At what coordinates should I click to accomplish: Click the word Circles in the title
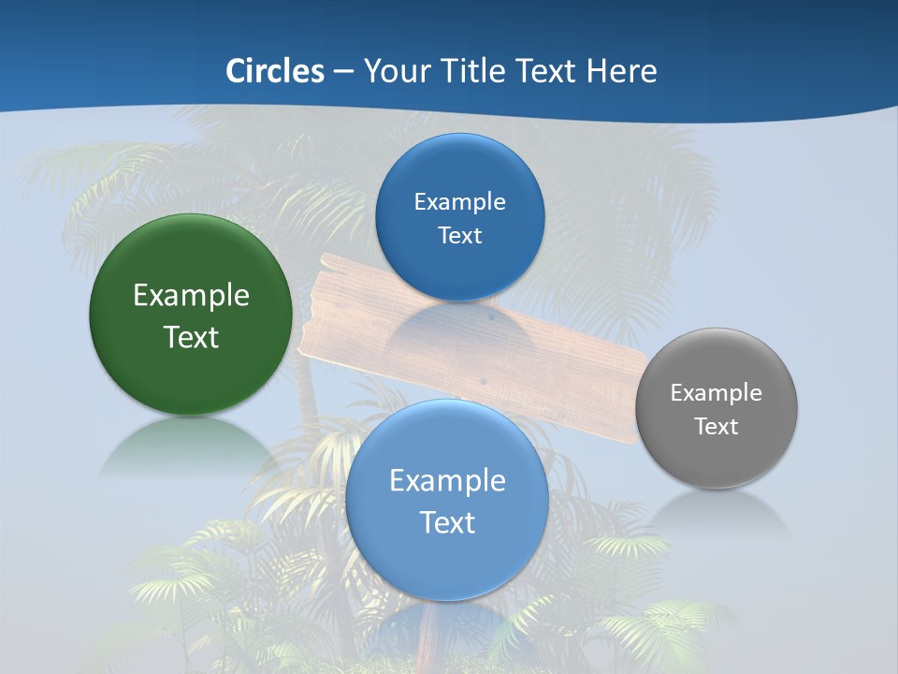pos(274,70)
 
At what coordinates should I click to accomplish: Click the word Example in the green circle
pos(191,296)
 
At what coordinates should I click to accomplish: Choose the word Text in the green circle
pos(191,337)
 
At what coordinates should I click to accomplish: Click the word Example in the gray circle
pos(716,393)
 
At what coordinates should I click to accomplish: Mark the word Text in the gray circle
pos(716,427)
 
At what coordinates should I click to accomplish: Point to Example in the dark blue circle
pos(459,202)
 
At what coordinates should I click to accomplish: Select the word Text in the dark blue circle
pos(459,236)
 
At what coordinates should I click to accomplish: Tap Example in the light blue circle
pos(447,481)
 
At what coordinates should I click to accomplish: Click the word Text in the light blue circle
pos(447,522)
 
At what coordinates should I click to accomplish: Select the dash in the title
pos(343,71)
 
